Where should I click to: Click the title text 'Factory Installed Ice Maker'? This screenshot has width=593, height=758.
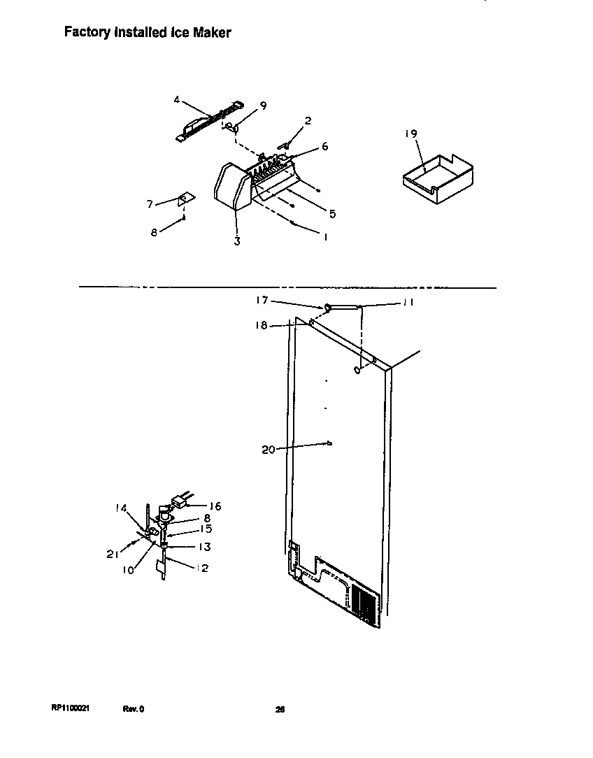coord(148,32)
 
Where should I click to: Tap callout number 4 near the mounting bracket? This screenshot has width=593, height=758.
coord(178,99)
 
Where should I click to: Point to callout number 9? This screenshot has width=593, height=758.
coord(263,106)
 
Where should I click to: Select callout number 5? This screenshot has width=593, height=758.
coord(332,214)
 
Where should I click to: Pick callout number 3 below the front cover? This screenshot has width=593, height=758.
coord(237,242)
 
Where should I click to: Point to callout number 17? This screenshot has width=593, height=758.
coord(261,301)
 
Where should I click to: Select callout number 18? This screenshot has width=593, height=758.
coord(261,325)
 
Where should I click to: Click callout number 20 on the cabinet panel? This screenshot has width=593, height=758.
coord(269,450)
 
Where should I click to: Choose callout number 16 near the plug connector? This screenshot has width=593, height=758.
coord(215,506)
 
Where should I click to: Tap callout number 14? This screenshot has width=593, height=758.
coord(120,508)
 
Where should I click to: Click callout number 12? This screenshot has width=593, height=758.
coord(203,568)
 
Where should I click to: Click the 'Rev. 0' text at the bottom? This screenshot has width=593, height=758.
coord(134,708)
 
